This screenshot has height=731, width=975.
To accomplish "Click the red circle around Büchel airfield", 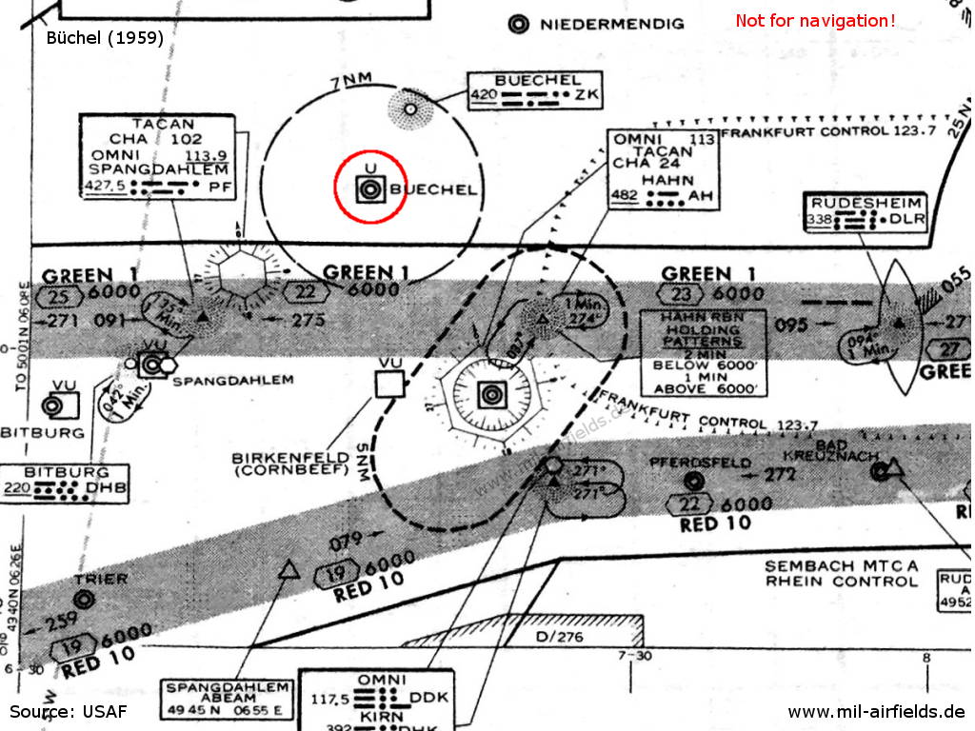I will [x=368, y=187].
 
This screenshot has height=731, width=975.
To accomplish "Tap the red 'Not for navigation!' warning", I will [x=815, y=21].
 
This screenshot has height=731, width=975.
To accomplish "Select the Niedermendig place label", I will [x=611, y=24].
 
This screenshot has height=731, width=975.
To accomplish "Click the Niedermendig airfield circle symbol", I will [x=519, y=24].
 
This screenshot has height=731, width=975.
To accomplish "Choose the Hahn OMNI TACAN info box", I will [x=664, y=168].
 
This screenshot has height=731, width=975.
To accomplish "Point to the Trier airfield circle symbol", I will [x=84, y=599].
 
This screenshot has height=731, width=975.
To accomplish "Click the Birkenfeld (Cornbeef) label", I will [x=290, y=464].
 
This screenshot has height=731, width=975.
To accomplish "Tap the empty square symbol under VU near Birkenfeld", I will [x=389, y=385].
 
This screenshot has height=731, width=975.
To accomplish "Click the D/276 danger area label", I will [x=560, y=636].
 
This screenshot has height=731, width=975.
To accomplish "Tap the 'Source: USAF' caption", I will [x=67, y=711].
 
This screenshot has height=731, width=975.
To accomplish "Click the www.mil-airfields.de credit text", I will [x=876, y=711].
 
